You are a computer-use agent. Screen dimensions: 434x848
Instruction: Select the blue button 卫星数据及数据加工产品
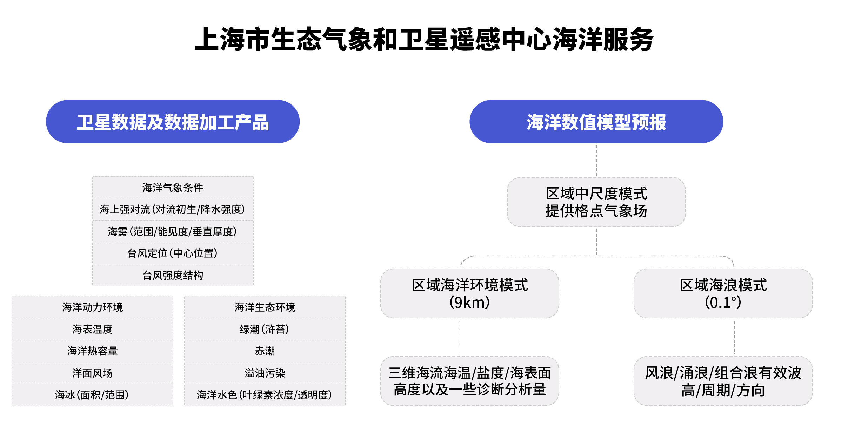pyautogui.click(x=173, y=122)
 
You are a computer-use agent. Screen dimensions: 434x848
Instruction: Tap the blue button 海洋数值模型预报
pyautogui.click(x=596, y=122)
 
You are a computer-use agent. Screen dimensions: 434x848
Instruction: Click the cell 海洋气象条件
pyautogui.click(x=173, y=188)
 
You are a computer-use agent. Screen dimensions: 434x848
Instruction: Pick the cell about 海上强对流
pyautogui.click(x=173, y=209)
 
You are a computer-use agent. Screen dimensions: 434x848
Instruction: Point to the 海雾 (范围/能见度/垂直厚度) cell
pyautogui.click(x=173, y=231)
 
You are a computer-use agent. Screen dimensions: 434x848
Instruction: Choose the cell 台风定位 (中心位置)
pyautogui.click(x=173, y=253)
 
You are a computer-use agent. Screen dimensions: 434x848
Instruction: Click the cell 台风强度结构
pyautogui.click(x=173, y=275)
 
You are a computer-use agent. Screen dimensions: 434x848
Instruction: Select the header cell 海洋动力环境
pyautogui.click(x=92, y=307)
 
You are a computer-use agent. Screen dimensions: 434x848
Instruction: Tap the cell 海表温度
pyautogui.click(x=92, y=329)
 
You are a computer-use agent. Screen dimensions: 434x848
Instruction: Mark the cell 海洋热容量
pyautogui.click(x=92, y=351)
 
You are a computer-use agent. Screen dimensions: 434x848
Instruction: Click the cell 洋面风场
pyautogui.click(x=92, y=373)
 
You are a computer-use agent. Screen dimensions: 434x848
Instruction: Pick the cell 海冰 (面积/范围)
pyautogui.click(x=92, y=395)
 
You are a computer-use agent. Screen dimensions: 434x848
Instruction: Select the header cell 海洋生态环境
pyautogui.click(x=265, y=307)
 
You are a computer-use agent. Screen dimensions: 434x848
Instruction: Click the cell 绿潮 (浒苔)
pyautogui.click(x=265, y=329)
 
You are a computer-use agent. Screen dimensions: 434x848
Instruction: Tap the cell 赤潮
pyautogui.click(x=265, y=351)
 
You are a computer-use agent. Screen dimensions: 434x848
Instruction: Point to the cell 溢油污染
pyautogui.click(x=265, y=373)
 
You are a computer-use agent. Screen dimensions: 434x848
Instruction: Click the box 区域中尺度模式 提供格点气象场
pyautogui.click(x=596, y=202)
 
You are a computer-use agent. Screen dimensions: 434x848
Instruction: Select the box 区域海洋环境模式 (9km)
pyautogui.click(x=469, y=294)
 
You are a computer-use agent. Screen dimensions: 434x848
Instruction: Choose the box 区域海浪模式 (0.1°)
pyautogui.click(x=723, y=294)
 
